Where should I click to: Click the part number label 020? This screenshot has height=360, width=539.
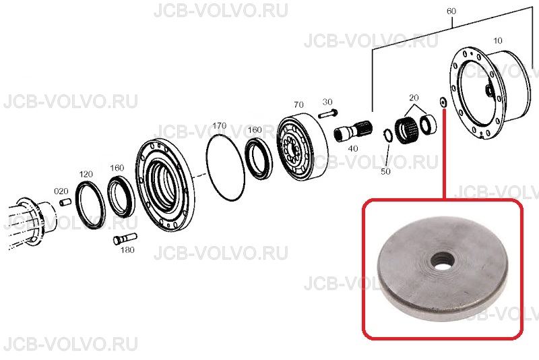[x=61, y=191]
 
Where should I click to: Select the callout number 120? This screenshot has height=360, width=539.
[x=86, y=174]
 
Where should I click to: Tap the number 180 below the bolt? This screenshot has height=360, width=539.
[x=127, y=250]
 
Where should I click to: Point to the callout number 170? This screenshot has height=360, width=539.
[x=220, y=126]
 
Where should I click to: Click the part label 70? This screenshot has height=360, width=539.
[x=298, y=104]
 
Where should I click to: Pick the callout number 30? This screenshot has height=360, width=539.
[x=327, y=102]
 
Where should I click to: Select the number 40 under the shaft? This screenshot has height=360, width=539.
[x=353, y=148]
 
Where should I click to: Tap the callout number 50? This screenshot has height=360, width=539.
[x=385, y=171]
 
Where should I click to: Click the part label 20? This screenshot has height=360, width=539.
[x=414, y=98]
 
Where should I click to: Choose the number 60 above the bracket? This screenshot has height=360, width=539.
[x=451, y=11]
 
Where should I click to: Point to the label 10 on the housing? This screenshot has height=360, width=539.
[x=497, y=41]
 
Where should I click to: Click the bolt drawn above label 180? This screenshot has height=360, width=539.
[x=125, y=239]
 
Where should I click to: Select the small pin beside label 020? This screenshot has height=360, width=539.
[x=65, y=202]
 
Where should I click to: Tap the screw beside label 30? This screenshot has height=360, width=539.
[x=328, y=113]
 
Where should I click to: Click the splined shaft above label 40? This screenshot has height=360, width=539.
[x=353, y=130]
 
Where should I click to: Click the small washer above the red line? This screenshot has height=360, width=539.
[x=443, y=102]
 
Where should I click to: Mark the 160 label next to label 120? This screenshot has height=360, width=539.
[x=117, y=168]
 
